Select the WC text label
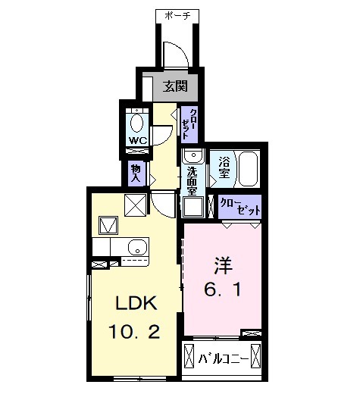click(137, 141)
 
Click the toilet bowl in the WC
click(138, 122)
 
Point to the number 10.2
click(135, 331)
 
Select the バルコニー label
click(222, 357)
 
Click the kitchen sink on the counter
click(137, 245)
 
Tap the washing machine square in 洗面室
click(192, 208)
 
